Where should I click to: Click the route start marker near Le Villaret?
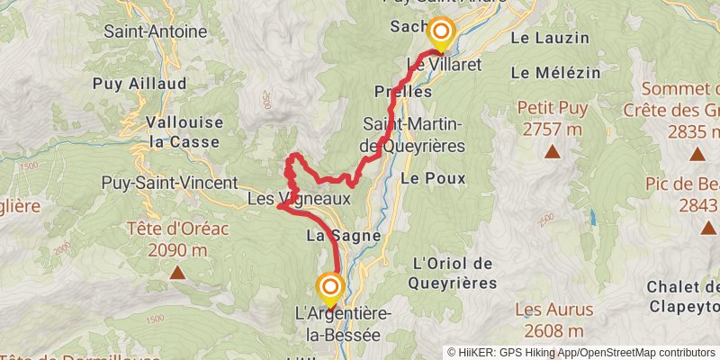point(441,33)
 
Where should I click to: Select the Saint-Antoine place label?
point(155,30)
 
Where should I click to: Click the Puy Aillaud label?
point(139,84)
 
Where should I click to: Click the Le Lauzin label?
point(550,38)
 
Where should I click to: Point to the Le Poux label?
point(434,178)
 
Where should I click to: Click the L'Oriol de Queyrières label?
point(454,273)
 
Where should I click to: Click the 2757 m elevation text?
point(552,130)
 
